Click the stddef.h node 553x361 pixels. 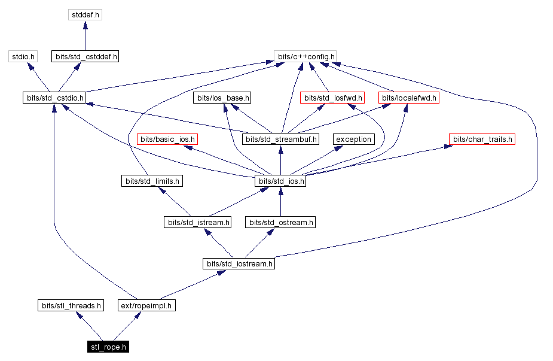point(85,15)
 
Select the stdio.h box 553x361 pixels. point(23,57)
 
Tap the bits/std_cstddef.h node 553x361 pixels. point(85,57)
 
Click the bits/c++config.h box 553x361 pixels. point(305,57)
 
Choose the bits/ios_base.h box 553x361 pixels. point(222,98)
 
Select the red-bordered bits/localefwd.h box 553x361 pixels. point(409,98)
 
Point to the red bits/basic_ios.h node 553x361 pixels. point(167,139)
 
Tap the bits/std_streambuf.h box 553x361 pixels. point(280,139)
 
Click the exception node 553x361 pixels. point(353,139)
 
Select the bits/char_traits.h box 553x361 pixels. point(482,139)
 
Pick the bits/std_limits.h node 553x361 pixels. point(152,181)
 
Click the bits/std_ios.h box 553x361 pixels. point(280,181)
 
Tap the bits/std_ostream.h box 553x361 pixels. point(280,223)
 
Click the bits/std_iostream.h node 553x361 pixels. point(239,264)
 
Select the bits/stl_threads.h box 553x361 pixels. point(70,306)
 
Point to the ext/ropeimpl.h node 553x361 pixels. point(146,306)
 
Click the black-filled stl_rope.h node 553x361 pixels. point(108,347)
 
